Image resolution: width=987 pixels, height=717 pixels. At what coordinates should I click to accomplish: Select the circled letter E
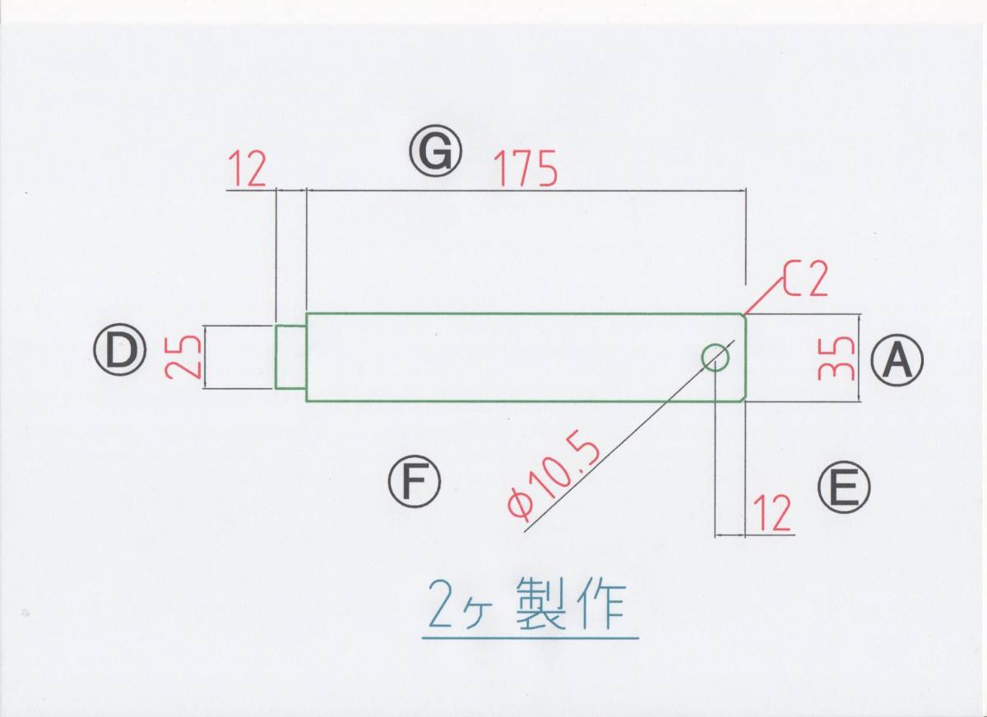tap(844, 488)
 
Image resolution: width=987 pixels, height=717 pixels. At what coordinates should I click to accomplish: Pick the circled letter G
tap(436, 153)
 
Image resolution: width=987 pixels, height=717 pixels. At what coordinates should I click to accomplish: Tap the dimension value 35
tap(835, 358)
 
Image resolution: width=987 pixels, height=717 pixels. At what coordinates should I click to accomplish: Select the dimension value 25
tap(182, 356)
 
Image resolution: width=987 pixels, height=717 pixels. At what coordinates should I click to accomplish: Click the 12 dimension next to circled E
tap(771, 513)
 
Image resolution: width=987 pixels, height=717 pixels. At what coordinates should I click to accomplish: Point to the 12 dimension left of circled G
tap(247, 170)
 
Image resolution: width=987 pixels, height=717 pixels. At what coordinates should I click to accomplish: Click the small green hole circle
tap(715, 356)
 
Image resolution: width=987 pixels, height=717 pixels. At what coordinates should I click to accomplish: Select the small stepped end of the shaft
tap(290, 356)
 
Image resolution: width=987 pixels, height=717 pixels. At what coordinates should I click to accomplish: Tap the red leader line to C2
tap(762, 295)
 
